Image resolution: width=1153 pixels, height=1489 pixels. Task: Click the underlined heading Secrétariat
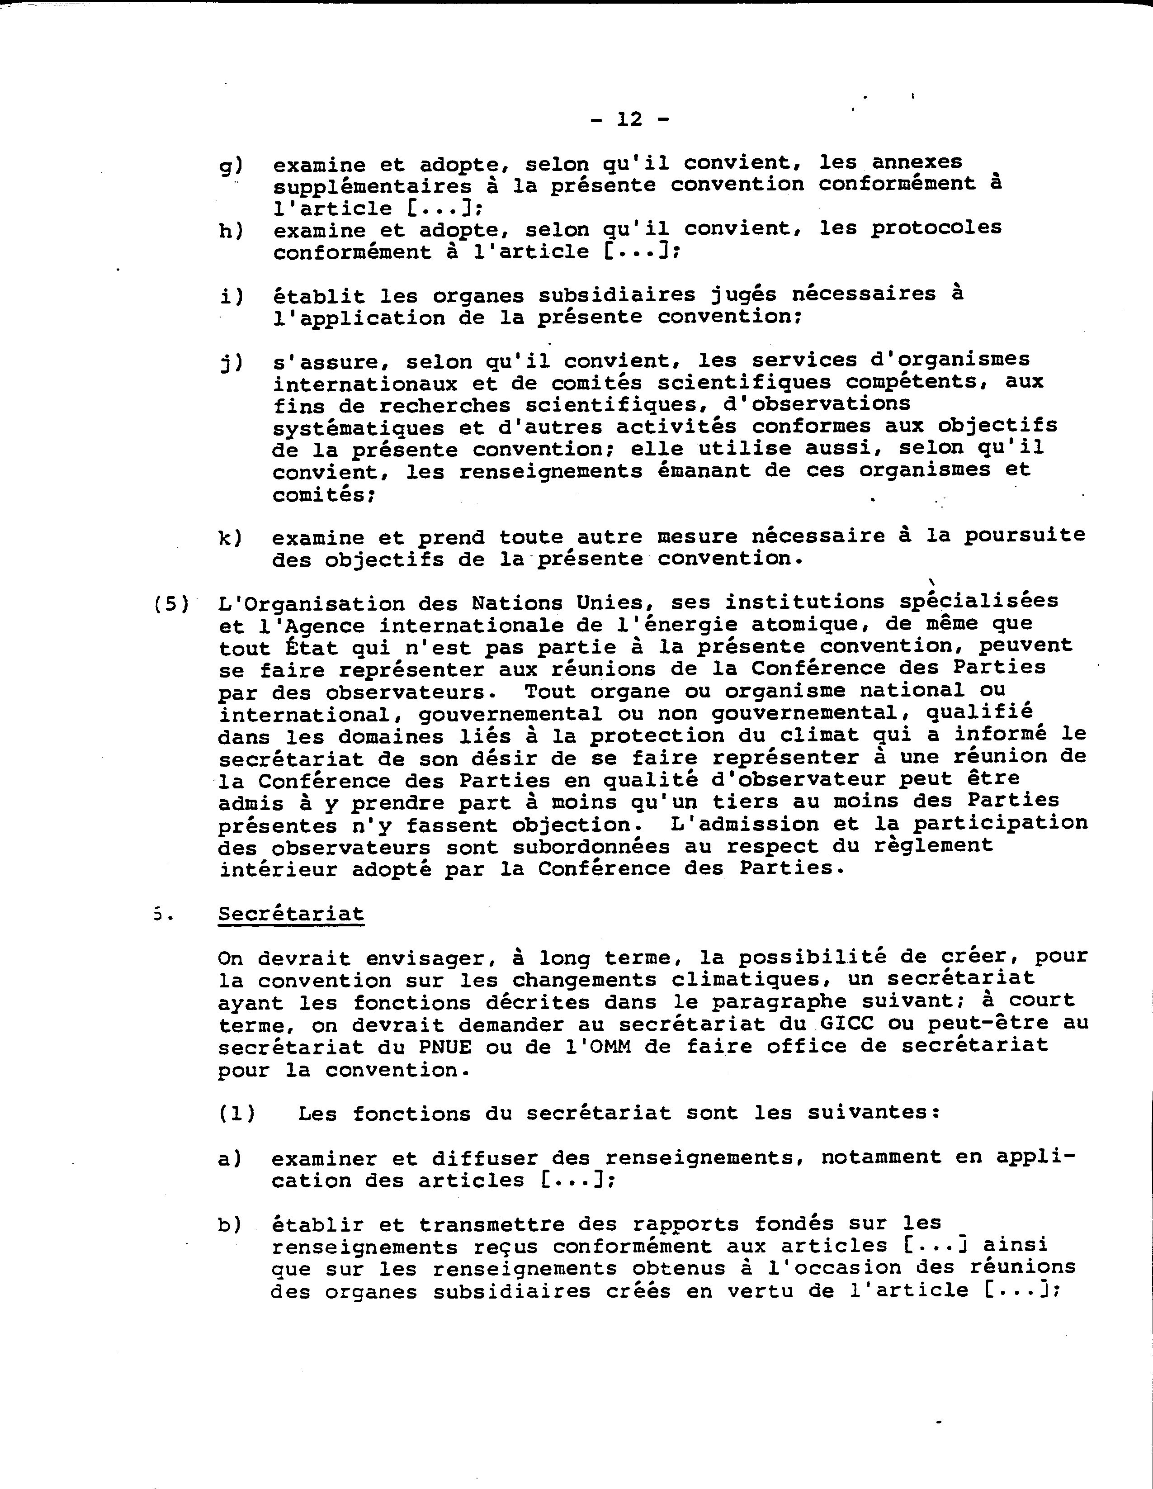[291, 914]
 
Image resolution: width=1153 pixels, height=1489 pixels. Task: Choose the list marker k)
[230, 537]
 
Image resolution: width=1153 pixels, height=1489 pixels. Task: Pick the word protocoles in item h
[936, 228]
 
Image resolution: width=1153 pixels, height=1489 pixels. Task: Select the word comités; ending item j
[324, 496]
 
